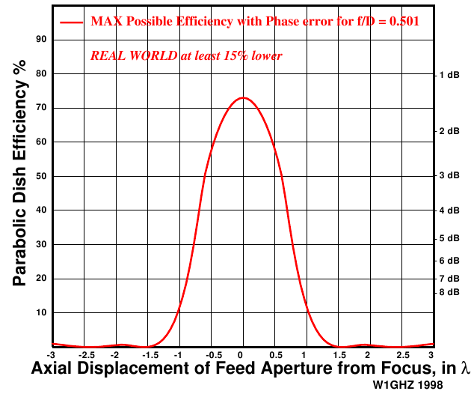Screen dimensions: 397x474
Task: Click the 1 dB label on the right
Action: point(449,75)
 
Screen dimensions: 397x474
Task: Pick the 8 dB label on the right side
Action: point(449,292)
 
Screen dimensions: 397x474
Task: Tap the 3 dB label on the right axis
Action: point(449,175)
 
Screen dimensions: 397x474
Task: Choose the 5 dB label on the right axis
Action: point(449,239)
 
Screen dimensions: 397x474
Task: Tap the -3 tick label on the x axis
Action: point(51,354)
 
